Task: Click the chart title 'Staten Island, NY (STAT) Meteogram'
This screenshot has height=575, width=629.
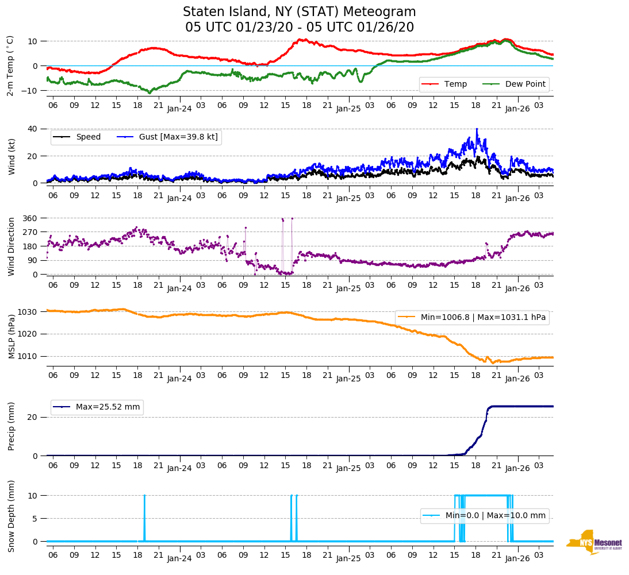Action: pyautogui.click(x=299, y=12)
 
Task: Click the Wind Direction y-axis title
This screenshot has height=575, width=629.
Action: pyautogui.click(x=11, y=246)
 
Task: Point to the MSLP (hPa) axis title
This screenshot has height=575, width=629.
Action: pyautogui.click(x=11, y=334)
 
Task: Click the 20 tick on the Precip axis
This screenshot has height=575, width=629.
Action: pyautogui.click(x=33, y=417)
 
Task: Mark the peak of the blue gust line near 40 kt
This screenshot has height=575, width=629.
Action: pyautogui.click(x=477, y=129)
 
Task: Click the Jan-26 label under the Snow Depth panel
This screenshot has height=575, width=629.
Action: pyautogui.click(x=517, y=558)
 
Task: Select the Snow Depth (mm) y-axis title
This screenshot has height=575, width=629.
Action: pyautogui.click(x=11, y=516)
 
